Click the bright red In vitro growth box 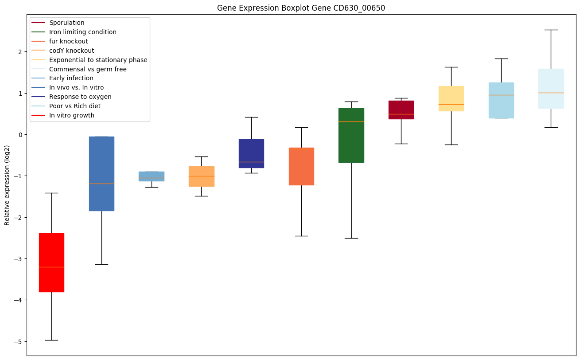51,262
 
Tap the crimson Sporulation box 401,110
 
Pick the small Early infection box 152,176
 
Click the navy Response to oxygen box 251,153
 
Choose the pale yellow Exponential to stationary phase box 451,98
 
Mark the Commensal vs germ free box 551,89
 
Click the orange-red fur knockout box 301,166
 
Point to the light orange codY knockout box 202,176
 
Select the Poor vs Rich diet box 501,100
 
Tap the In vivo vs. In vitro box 101,174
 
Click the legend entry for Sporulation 67,23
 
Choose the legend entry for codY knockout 71,51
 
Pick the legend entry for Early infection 71,78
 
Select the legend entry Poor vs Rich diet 75,106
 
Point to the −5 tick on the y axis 20,341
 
